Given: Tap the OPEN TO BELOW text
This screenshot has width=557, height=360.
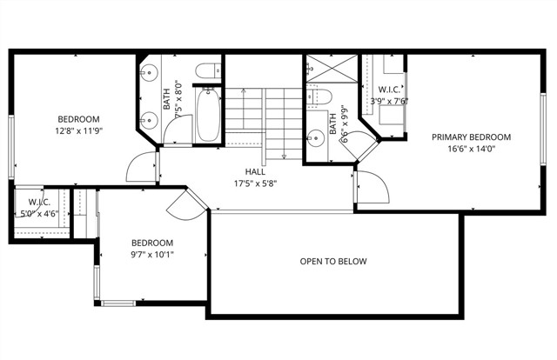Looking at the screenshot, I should [333, 262].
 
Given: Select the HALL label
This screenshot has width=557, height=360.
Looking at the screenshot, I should [254, 172].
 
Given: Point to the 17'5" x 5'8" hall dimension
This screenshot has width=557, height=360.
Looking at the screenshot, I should [254, 184].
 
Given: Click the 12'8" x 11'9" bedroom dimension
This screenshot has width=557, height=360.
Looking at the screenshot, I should [78, 131].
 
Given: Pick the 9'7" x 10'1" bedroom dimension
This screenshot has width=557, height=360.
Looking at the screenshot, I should [152, 255].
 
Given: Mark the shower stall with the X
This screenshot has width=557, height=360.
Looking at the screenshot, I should [330, 69].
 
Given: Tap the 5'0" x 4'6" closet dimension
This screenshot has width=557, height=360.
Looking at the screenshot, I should [34, 212].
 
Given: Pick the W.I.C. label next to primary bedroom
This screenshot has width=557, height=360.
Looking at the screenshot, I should [389, 90].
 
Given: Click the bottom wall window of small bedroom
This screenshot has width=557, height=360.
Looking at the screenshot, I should [117, 303].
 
